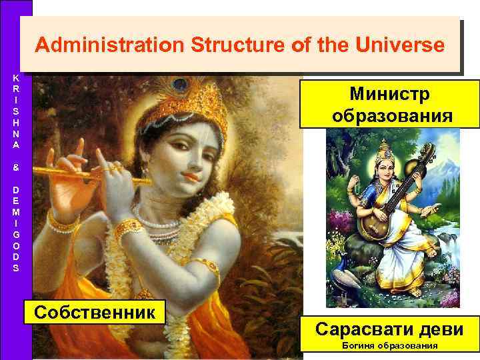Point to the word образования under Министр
tap(389, 115)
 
